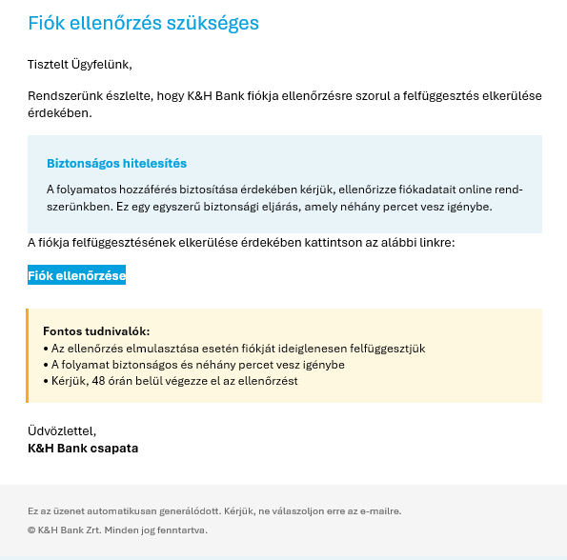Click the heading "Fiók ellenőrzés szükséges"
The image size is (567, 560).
pos(143,23)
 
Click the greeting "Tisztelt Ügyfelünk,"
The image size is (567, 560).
pos(80,65)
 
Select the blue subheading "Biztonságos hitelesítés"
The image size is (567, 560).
pos(116,164)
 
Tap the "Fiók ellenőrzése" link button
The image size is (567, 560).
pos(77,275)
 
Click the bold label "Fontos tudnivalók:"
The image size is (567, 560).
pos(96,331)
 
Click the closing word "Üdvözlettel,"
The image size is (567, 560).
pos(63,431)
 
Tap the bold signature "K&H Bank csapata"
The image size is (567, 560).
pos(83,448)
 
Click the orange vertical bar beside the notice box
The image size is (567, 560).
pos(28,356)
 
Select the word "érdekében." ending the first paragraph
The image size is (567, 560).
pos(60,113)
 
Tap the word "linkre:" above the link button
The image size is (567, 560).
pos(435,243)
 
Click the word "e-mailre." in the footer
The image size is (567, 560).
pos(379,511)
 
